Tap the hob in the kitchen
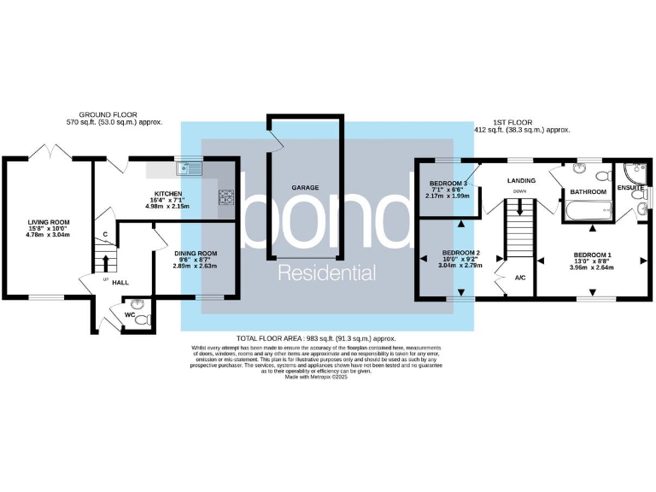[x=226, y=197]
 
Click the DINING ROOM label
[x=195, y=253]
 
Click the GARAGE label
[x=306, y=186]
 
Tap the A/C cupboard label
[x=520, y=278]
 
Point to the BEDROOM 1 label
[x=592, y=255]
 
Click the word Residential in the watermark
[x=328, y=273]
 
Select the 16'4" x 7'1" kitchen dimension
[x=165, y=200]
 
